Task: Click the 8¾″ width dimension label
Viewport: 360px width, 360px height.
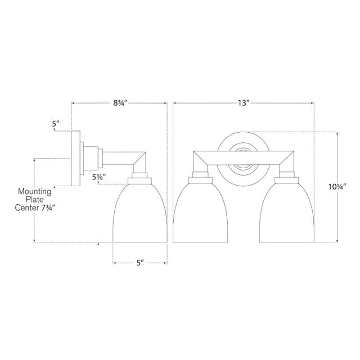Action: [120, 103]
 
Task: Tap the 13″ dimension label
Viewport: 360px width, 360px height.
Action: [244, 103]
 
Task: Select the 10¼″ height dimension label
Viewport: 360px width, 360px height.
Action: [337, 187]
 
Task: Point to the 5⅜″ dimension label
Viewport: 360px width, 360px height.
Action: [99, 177]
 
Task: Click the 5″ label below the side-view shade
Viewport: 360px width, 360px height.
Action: [140, 263]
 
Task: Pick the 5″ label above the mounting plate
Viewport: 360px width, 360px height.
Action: [56, 124]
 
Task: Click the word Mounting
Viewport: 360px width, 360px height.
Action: [35, 191]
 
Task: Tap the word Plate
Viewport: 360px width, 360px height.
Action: [35, 200]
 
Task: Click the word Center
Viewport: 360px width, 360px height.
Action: [26, 208]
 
